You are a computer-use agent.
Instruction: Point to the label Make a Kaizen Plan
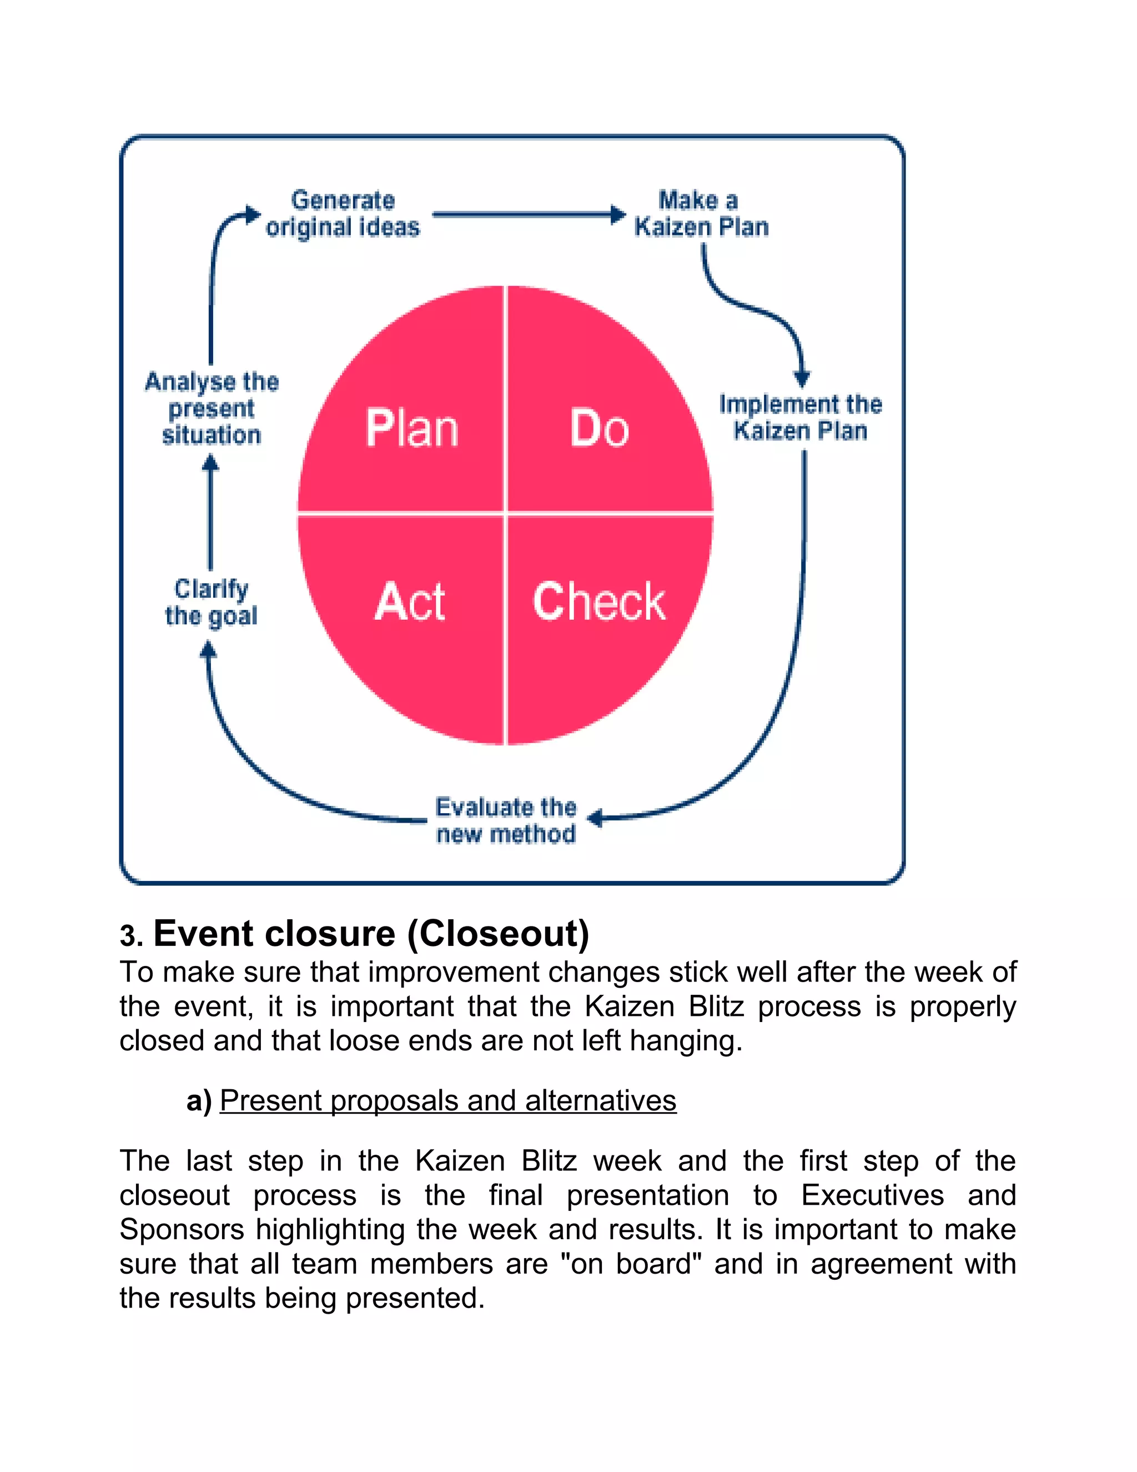pos(701,214)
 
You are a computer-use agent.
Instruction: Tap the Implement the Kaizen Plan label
pos(799,417)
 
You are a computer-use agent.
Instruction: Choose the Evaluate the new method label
pos(506,820)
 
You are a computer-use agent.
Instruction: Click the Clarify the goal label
pos(211,602)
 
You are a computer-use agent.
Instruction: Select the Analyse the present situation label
pos(212,408)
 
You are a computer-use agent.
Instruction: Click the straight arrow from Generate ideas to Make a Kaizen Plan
pos(525,215)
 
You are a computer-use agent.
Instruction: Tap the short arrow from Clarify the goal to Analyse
pos(211,512)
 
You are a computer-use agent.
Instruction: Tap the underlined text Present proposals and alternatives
pos(448,1100)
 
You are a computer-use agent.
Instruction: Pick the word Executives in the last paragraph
pos(872,1195)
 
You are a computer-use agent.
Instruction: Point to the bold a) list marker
pos(199,1100)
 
